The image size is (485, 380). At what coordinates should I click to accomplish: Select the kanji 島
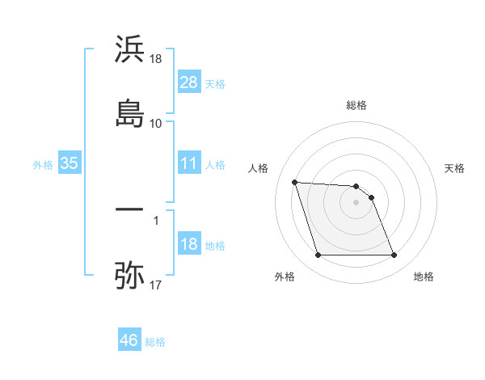(130, 112)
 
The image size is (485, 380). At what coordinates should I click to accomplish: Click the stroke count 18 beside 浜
(156, 59)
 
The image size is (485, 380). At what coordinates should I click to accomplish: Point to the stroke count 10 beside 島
(156, 124)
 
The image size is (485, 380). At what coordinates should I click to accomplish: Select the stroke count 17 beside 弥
(156, 285)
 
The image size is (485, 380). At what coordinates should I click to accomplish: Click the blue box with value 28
(189, 82)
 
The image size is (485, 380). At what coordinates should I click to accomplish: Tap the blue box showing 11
(189, 163)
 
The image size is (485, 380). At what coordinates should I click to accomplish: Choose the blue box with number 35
(69, 163)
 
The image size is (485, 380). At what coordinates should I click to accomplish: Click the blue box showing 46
(129, 340)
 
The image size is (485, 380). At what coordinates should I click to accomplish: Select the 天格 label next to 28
(215, 84)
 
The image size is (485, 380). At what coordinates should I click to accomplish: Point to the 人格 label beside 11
(215, 165)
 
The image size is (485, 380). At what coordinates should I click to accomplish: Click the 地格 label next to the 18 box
(215, 246)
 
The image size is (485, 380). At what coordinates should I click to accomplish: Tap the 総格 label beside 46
(155, 342)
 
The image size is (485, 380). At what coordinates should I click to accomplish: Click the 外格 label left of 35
(43, 165)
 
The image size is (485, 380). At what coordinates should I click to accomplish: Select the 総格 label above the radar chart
(356, 105)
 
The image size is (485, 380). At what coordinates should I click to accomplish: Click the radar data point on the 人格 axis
(295, 182)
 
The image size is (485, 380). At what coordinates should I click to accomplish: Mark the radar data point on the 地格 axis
(394, 255)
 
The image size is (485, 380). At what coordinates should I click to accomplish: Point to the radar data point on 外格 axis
(318, 255)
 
